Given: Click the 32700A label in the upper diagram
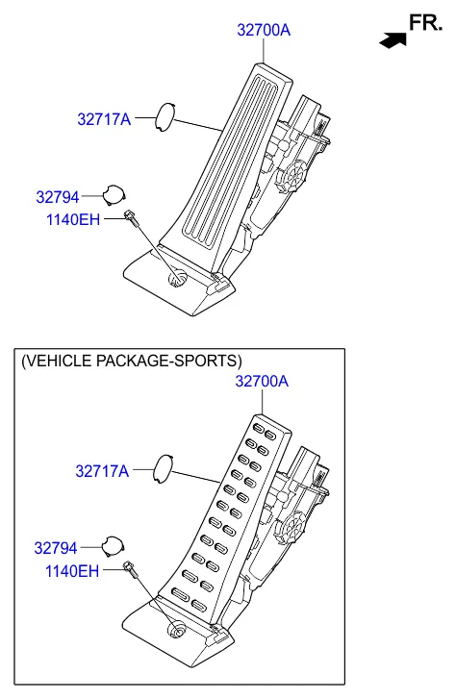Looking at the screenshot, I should tap(264, 31).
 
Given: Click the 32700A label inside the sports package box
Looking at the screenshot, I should tap(262, 382).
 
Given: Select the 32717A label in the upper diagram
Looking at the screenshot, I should tap(103, 120).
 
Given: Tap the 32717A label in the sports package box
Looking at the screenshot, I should tap(102, 471).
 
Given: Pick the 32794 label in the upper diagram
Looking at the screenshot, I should tap(58, 196).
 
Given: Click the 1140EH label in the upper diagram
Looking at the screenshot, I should tap(72, 220).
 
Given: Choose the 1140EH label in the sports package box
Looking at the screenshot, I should tap(71, 571).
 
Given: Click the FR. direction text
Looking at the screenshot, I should tap(423, 22).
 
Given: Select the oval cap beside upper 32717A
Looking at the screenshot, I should tap(166, 117).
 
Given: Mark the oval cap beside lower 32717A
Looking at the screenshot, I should tap(165, 468).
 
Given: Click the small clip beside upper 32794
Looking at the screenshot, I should tap(114, 194).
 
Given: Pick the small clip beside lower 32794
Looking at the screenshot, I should tap(114, 545).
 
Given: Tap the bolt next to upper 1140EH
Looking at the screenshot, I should tap(131, 217).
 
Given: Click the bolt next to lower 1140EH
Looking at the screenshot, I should tap(130, 568).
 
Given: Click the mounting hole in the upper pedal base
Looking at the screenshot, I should tap(177, 279).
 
